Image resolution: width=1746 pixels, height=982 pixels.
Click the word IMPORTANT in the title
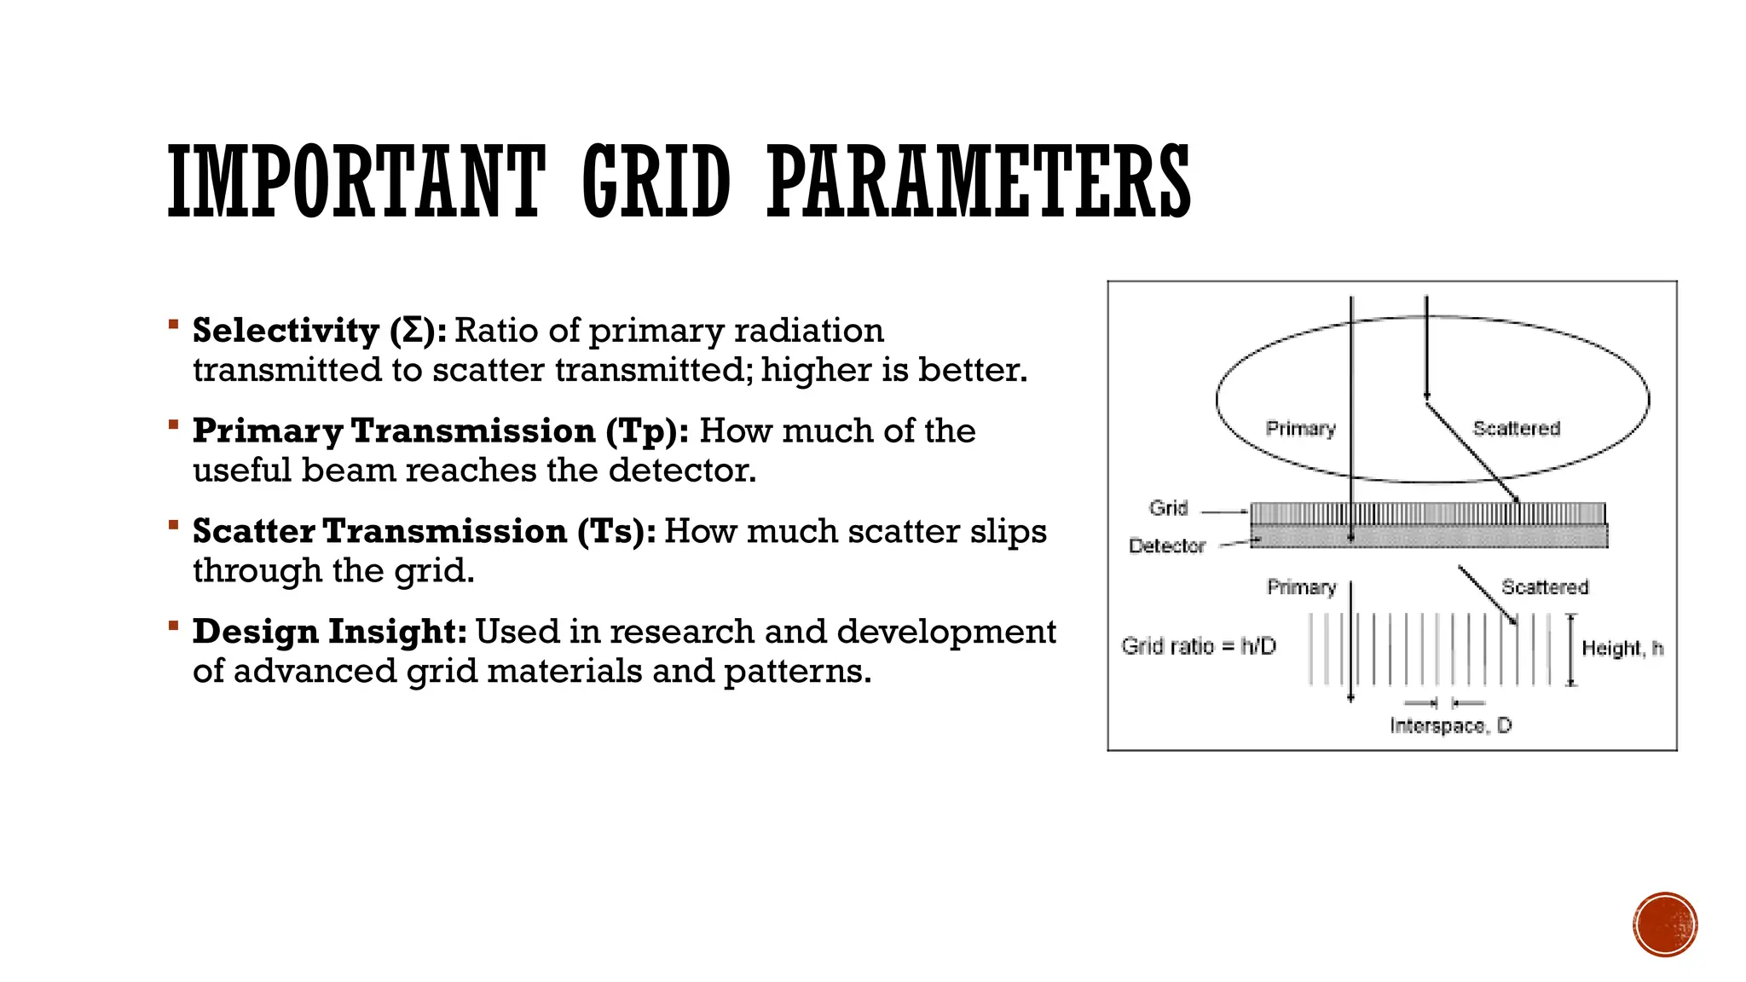tap(356, 181)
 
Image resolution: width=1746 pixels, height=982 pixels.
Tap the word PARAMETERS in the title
tap(979, 181)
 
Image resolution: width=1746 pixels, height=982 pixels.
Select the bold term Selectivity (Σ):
tap(319, 331)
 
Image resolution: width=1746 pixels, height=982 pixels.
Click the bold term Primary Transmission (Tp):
tap(440, 431)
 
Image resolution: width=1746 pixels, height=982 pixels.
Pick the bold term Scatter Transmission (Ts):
tap(424, 531)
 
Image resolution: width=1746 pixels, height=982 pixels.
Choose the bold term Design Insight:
tap(329, 632)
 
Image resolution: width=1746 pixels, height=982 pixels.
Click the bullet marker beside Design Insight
tap(173, 627)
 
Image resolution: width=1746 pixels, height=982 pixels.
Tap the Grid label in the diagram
tap(1168, 508)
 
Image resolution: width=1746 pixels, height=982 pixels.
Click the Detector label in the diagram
tap(1166, 546)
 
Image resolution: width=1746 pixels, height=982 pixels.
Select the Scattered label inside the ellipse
tap(1516, 428)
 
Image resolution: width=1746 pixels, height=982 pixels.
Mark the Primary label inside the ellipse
tap(1300, 428)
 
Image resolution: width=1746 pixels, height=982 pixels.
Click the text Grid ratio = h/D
tap(1199, 646)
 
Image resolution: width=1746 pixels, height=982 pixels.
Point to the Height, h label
tap(1622, 649)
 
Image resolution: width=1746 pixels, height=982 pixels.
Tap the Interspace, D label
tap(1450, 725)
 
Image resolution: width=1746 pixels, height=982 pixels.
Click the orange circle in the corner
tap(1665, 924)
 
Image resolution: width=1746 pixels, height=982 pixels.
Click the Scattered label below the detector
tap(1545, 587)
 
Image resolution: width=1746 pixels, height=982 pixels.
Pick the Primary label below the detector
tap(1301, 587)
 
